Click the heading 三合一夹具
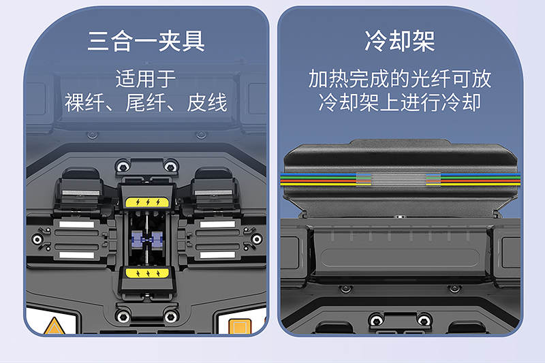[x=146, y=42]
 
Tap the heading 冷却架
[x=400, y=41]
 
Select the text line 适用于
[x=146, y=78]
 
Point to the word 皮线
[x=207, y=102]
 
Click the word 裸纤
[x=84, y=102]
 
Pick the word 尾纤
[x=146, y=102]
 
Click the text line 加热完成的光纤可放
[x=400, y=78]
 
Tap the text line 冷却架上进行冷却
[x=400, y=102]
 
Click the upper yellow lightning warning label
[x=147, y=202]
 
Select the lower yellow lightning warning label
[x=147, y=273]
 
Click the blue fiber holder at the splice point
[x=147, y=240]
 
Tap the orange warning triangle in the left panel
[x=54, y=326]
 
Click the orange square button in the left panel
[x=240, y=326]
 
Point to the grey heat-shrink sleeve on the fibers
[x=399, y=179]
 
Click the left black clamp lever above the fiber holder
[x=80, y=187]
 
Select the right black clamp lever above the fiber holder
[x=215, y=187]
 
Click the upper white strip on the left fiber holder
[x=77, y=224]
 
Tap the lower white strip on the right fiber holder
[x=217, y=255]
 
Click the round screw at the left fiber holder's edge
[x=37, y=239]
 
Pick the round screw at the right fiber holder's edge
[x=257, y=239]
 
